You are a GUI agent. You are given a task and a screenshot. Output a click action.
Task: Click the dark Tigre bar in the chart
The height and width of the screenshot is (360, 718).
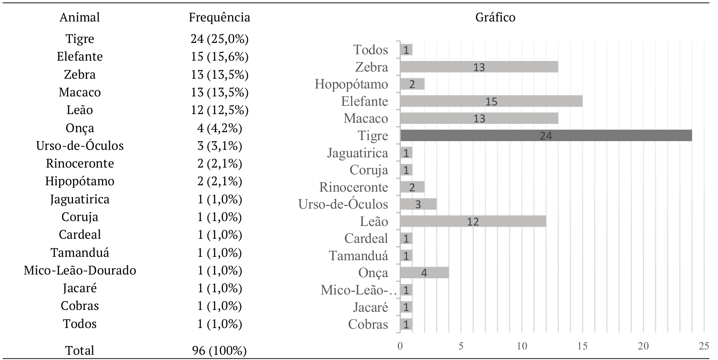click(546, 136)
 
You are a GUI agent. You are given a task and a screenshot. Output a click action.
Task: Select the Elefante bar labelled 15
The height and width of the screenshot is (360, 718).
click(491, 101)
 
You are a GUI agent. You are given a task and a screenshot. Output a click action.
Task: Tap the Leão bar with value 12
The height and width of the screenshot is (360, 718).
click(473, 221)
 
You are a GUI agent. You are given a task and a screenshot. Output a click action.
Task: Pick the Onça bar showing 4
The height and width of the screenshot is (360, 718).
click(424, 273)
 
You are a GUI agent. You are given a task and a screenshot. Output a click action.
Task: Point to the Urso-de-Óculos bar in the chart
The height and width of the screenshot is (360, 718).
click(418, 204)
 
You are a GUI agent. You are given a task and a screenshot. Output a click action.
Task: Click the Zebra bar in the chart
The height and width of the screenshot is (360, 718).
click(479, 67)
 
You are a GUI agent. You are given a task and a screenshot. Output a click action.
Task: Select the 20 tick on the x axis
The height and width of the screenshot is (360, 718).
click(643, 346)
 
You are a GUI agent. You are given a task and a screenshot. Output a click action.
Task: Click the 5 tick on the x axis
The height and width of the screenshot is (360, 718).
click(461, 346)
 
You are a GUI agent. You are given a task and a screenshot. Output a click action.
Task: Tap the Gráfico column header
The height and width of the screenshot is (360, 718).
click(495, 17)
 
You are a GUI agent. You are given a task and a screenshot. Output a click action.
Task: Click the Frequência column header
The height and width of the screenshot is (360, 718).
click(219, 17)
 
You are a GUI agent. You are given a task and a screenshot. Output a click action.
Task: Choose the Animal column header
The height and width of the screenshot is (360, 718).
click(80, 17)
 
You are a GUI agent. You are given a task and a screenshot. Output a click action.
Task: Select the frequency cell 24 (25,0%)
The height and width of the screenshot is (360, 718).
click(219, 39)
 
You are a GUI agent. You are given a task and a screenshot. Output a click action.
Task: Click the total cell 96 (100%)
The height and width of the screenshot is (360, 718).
click(219, 351)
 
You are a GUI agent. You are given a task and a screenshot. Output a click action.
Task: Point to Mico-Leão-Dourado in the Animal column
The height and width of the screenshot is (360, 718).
click(80, 270)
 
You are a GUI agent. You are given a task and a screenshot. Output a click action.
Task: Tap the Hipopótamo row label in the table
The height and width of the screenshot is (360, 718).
click(80, 181)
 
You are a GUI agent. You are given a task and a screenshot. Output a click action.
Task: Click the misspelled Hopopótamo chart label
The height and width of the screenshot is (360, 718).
click(351, 84)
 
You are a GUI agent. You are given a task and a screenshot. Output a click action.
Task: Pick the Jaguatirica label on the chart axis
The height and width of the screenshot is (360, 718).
click(357, 153)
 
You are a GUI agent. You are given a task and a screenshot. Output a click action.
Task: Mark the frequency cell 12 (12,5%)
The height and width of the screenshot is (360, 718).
click(219, 110)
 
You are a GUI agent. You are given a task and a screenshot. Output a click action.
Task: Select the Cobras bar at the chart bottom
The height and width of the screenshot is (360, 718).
click(406, 324)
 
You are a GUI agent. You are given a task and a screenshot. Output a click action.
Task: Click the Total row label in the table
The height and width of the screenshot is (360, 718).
click(80, 351)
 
